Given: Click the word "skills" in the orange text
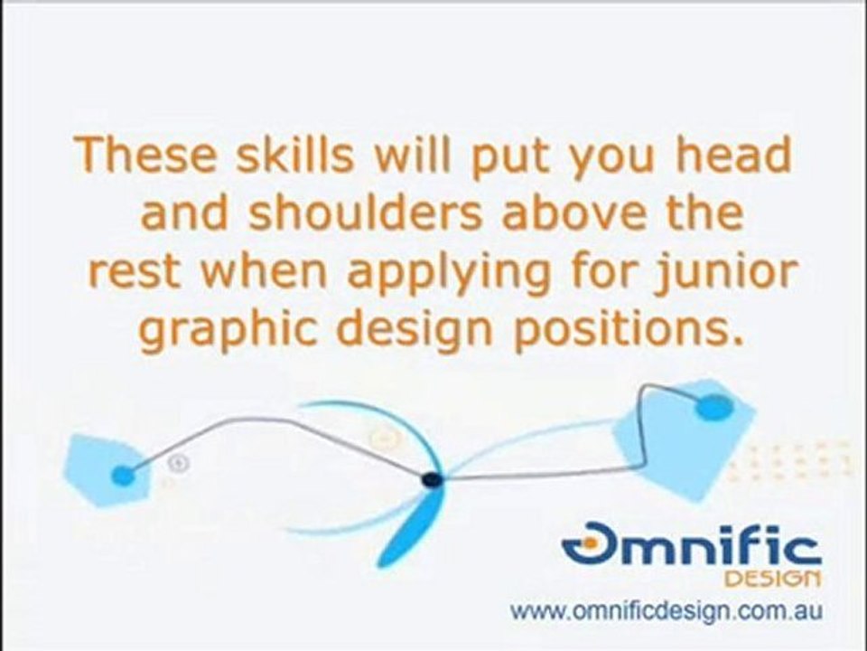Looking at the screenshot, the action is tap(294, 154).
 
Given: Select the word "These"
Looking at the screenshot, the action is tap(145, 154).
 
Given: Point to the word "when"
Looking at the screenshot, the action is tap(263, 272).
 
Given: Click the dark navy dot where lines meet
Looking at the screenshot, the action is tap(432, 479).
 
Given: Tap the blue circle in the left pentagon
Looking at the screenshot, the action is tap(123, 475).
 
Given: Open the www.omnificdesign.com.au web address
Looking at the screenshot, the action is tap(667, 611).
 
